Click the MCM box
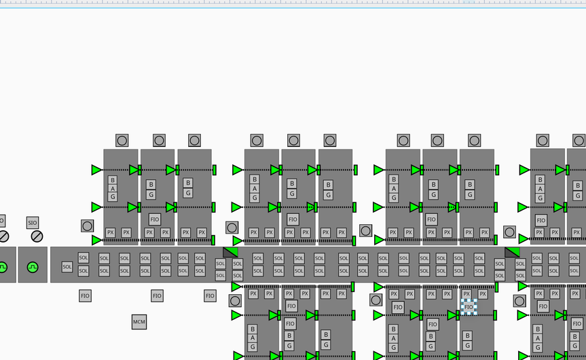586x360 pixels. [139, 322]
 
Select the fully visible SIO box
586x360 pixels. [33, 222]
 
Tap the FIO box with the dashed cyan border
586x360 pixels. [469, 307]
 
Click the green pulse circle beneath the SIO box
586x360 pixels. [33, 268]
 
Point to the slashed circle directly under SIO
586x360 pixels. [37, 236]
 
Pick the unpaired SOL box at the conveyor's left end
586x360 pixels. [67, 267]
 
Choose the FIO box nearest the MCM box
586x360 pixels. [157, 296]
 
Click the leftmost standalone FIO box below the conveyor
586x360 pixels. [85, 296]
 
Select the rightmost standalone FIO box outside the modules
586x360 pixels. [210, 296]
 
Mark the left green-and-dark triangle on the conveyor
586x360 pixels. [231, 252]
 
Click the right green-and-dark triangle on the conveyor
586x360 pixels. [512, 252]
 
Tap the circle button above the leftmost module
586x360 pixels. [122, 141]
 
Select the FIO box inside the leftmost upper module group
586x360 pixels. [155, 219]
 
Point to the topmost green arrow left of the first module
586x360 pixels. [96, 170]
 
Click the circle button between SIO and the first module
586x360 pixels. [87, 226]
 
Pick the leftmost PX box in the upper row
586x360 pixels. [111, 232]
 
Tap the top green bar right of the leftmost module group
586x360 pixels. [214, 170]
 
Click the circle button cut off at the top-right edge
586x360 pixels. [579, 141]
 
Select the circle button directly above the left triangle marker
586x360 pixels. [232, 228]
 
